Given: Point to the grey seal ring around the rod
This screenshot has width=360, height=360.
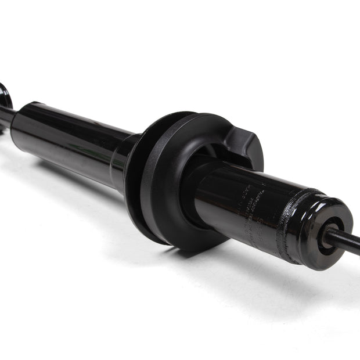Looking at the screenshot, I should click(x=326, y=235).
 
